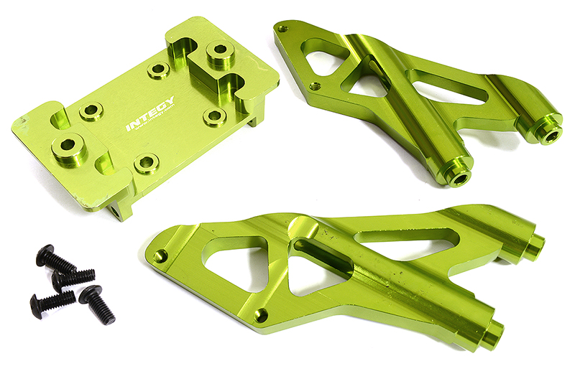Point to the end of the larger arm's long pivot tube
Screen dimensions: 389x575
point(493,334)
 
